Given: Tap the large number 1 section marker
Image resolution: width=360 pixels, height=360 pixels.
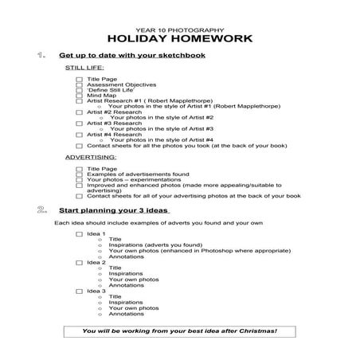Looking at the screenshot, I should coord(41,56).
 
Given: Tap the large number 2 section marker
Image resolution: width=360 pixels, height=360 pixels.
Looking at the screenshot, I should coord(41,210).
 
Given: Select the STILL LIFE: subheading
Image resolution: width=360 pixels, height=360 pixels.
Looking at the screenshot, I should coord(84,69).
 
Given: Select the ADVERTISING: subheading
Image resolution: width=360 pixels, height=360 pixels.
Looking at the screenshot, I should coord(89,158).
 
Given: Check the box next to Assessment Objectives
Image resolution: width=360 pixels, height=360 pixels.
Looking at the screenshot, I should coord(79,85).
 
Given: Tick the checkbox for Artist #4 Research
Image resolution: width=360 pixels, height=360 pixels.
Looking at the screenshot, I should coord(79,135).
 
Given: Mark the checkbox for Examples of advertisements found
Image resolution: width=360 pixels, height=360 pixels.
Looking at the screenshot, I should coord(79,174).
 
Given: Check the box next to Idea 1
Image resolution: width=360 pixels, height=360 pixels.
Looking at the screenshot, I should coord(79,234).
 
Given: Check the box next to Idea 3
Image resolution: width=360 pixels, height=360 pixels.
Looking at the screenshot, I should coord(79,292).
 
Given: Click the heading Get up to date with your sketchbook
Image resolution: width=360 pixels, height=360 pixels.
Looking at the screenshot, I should coord(132,56).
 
